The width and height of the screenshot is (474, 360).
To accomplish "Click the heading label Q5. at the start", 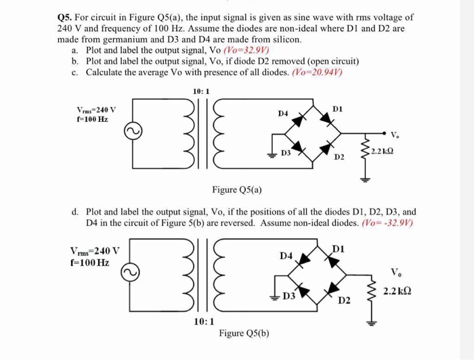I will pos(66,16).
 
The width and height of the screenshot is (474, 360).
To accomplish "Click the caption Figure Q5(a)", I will pos(237,189).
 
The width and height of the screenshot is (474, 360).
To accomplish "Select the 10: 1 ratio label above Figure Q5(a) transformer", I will pos(201,91).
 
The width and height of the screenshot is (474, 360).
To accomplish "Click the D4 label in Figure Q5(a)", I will pos(284,114).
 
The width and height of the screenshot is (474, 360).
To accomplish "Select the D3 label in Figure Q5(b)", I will pos(288,296).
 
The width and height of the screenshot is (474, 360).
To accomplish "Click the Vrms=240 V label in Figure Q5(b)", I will pos(95,250).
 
